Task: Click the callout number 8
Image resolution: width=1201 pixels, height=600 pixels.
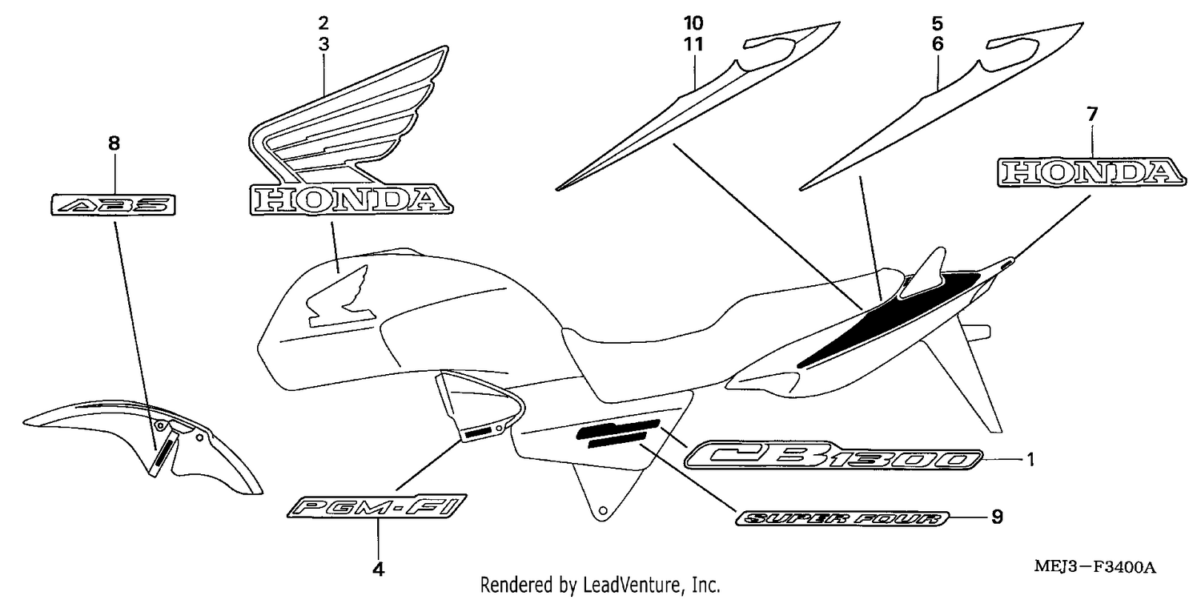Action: tap(114, 143)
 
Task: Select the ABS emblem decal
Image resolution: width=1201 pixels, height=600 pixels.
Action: tap(113, 205)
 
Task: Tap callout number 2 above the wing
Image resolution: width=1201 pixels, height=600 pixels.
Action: tap(323, 23)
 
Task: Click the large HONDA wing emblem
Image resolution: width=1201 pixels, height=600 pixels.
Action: tap(351, 131)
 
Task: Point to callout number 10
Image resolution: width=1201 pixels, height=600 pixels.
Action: tap(693, 23)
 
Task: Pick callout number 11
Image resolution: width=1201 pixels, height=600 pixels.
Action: tap(693, 44)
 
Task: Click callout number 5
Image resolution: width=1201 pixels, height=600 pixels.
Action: tap(938, 23)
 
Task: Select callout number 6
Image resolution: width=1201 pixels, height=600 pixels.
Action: tap(938, 44)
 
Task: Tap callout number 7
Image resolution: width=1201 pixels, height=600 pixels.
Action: tap(1092, 114)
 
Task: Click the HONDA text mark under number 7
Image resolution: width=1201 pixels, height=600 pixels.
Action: tap(1091, 173)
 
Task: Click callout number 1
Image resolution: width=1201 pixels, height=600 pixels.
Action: tap(1030, 460)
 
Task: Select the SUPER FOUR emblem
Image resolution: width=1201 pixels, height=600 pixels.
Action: tap(842, 518)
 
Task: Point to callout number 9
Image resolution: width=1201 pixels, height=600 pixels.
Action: tap(997, 517)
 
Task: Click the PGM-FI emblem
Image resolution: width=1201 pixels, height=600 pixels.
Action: tap(377, 506)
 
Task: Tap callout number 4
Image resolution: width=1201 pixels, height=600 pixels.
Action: tap(378, 570)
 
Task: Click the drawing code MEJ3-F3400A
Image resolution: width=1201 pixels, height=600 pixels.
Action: tap(1095, 567)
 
